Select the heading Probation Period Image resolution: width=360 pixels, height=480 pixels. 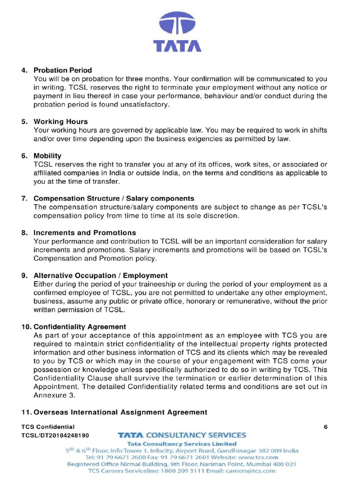(63, 70)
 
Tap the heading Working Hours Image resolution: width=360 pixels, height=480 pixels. (60, 121)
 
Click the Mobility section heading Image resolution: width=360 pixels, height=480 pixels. (47, 156)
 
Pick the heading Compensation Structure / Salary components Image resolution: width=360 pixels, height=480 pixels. (114, 198)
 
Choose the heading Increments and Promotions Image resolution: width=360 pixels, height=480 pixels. (85, 232)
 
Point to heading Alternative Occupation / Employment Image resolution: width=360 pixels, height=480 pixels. (101, 275)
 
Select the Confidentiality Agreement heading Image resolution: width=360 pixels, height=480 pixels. (80, 326)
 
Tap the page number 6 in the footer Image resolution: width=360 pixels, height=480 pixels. (325, 427)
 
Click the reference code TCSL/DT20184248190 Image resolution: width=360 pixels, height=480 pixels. (55, 435)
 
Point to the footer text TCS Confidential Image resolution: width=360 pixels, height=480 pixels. (48, 427)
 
